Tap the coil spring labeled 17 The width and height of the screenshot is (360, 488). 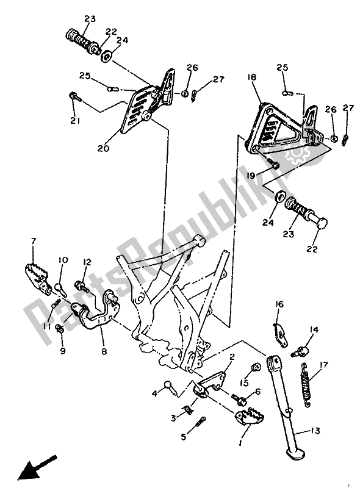point(305,387)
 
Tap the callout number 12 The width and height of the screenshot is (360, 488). point(87,262)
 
